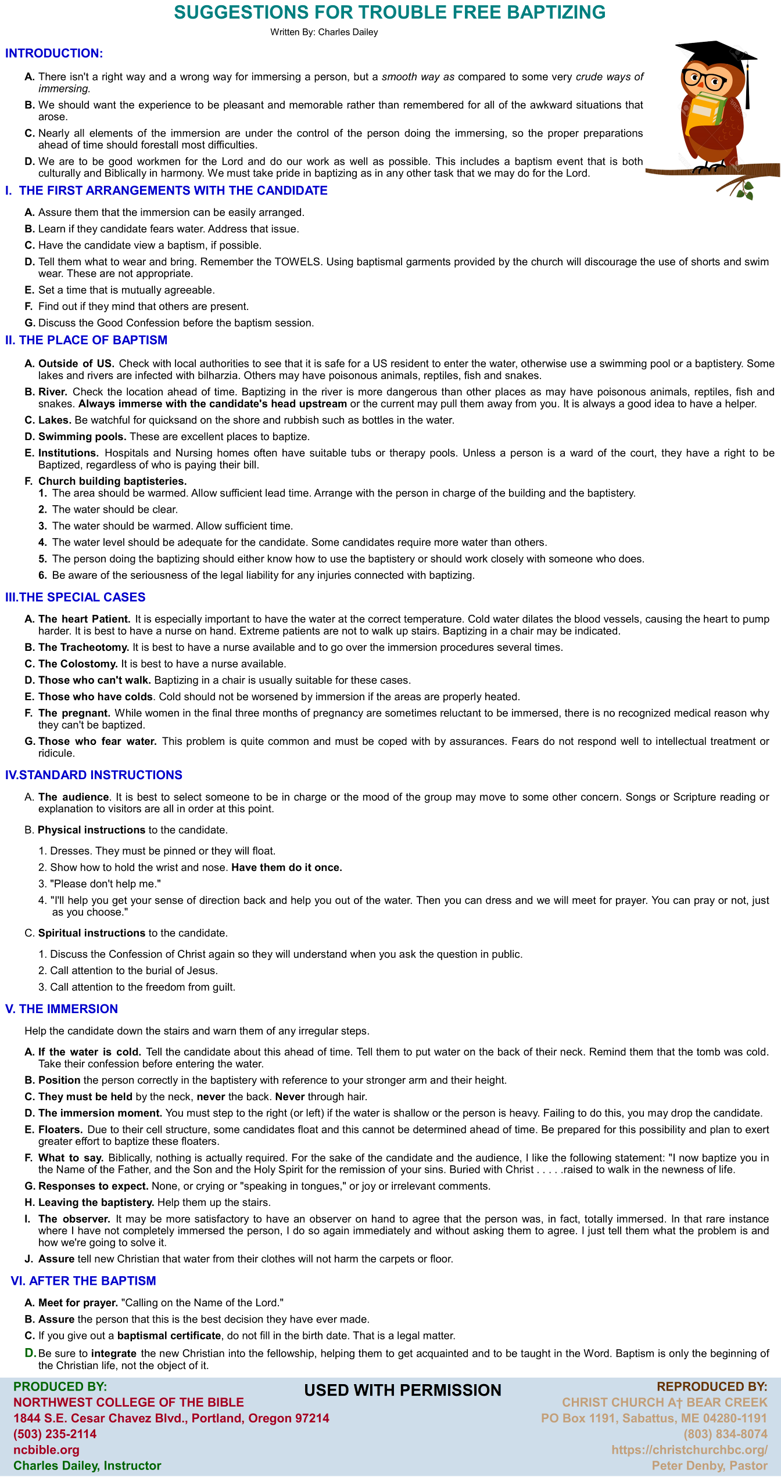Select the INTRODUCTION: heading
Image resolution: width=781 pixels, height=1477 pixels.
point(54,53)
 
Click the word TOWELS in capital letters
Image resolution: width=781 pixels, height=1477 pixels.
point(298,262)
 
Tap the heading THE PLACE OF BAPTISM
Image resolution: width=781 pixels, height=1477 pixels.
point(93,340)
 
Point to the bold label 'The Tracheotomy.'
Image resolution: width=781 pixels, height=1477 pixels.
point(84,647)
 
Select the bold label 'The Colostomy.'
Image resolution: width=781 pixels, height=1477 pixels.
point(78,664)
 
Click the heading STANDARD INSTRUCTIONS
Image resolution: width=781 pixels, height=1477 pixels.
point(101,775)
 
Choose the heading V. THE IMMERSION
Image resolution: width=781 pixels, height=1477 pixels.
point(62,1009)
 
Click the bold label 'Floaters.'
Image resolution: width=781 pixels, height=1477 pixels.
point(60,1129)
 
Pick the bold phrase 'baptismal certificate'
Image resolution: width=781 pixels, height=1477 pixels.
point(169,1335)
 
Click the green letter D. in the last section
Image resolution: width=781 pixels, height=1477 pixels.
point(30,1353)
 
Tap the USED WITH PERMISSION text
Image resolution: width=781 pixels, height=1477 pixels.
point(403,1390)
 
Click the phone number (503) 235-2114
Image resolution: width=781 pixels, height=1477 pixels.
point(55,1434)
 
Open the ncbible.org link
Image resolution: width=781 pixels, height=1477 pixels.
point(46,1450)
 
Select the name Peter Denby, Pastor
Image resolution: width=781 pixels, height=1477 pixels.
point(710,1465)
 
